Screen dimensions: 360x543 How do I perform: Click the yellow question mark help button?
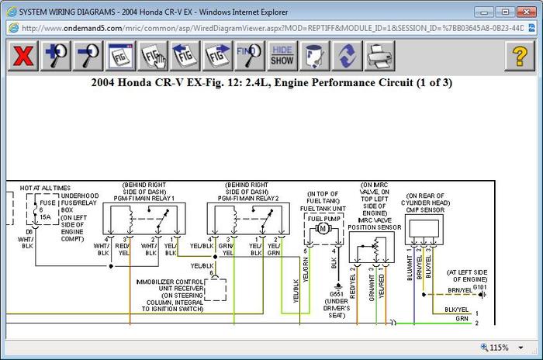point(519,55)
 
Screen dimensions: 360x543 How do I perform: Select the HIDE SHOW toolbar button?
point(282,55)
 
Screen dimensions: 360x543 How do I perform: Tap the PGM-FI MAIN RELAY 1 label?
point(144,197)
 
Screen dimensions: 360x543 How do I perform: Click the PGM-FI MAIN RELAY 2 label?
point(247,197)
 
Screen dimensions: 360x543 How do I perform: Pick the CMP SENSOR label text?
point(426,209)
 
